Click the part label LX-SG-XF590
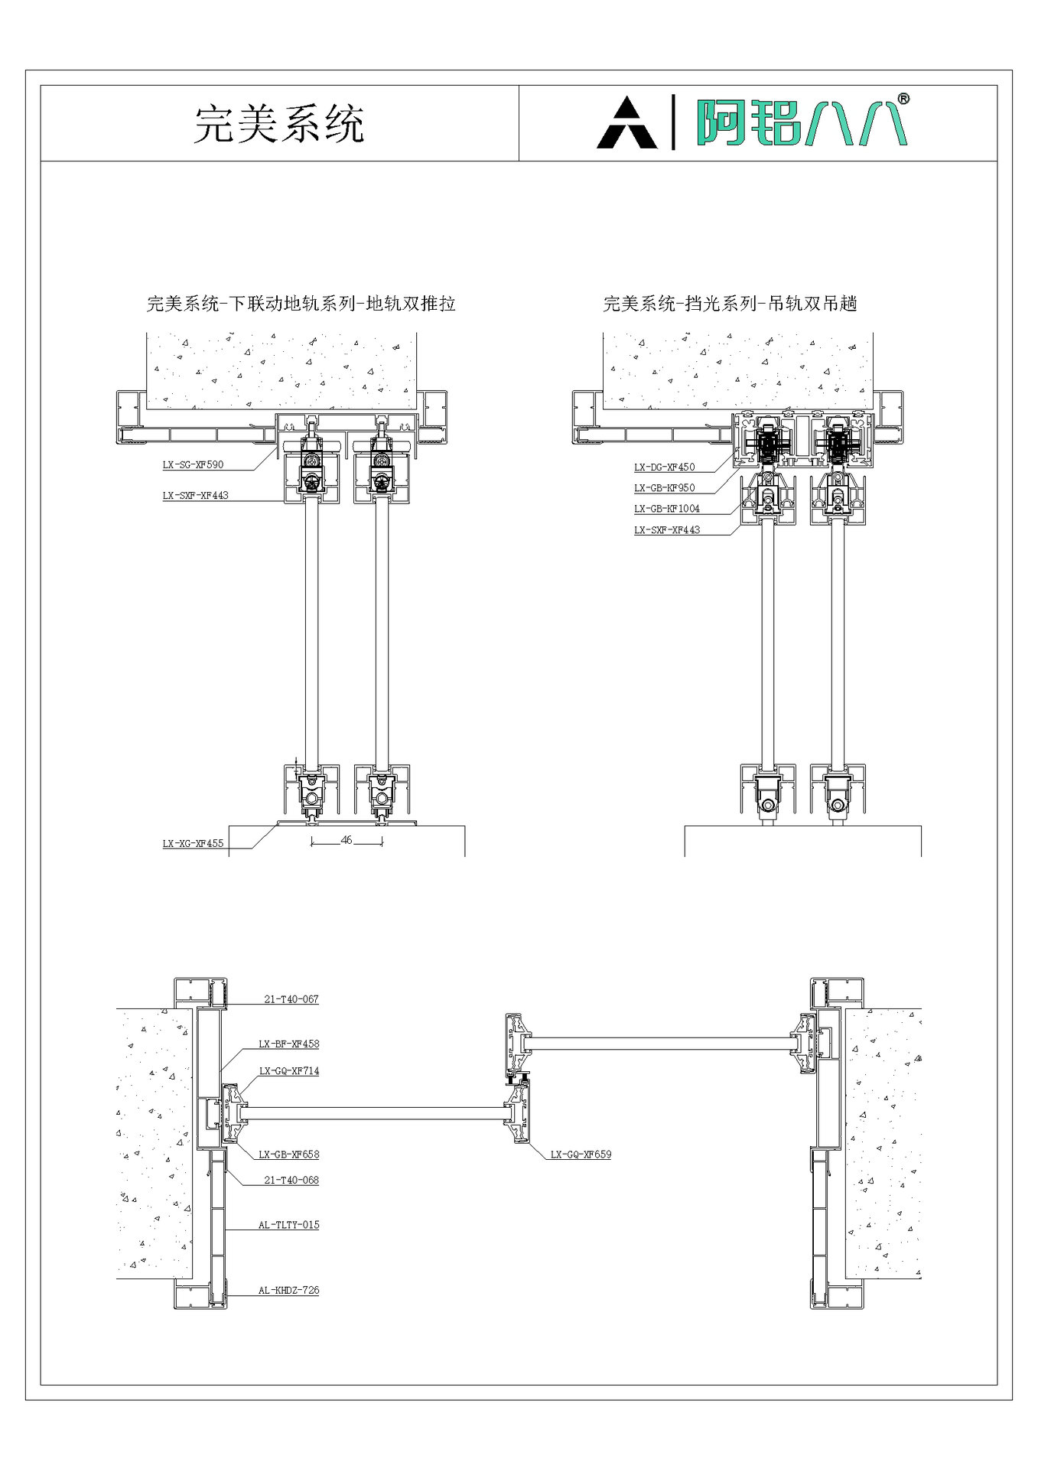pyautogui.click(x=193, y=464)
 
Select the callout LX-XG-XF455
pyautogui.click(x=193, y=843)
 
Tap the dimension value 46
pyautogui.click(x=347, y=839)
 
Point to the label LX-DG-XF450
pyautogui.click(x=664, y=467)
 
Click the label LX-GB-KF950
pyautogui.click(x=664, y=487)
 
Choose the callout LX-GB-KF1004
pyautogui.click(x=666, y=508)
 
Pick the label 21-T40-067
pyautogui.click(x=291, y=999)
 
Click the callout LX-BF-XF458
pyautogui.click(x=288, y=1044)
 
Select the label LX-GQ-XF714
pyautogui.click(x=288, y=1071)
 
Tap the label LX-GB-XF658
pyautogui.click(x=288, y=1155)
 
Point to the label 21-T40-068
pyautogui.click(x=291, y=1180)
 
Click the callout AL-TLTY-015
pyautogui.click(x=288, y=1225)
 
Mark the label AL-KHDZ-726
pyautogui.click(x=288, y=1290)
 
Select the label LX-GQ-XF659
pyautogui.click(x=581, y=1155)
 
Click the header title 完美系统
pyautogui.click(x=279, y=124)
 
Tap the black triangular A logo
pyautogui.click(x=626, y=123)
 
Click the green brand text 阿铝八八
pyautogui.click(x=799, y=122)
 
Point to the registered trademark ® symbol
pyautogui.click(x=903, y=99)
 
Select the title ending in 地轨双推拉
pyautogui.click(x=301, y=304)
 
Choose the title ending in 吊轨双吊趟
pyautogui.click(x=730, y=304)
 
